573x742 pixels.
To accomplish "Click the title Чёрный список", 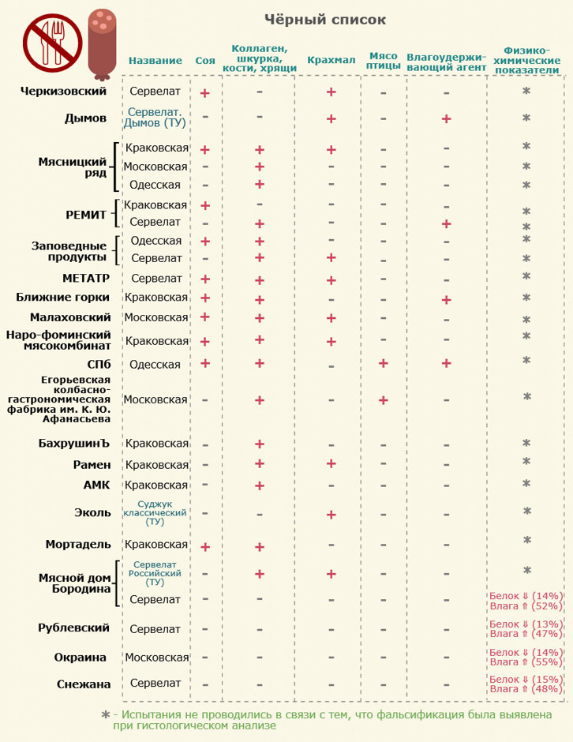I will (324, 20).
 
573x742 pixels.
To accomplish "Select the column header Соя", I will (204, 61).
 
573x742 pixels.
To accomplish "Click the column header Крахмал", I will (331, 61).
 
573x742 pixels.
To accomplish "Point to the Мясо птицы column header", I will (384, 61).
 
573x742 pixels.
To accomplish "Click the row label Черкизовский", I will (63, 92).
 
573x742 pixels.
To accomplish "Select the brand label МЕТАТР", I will (85, 278).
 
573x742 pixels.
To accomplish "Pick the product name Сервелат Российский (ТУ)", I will (155, 573).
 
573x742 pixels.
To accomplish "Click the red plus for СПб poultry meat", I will (384, 363).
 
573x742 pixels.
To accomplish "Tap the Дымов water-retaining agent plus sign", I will (446, 118).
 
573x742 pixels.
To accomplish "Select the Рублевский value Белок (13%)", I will (525, 624).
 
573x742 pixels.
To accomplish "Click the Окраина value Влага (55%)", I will (525, 662).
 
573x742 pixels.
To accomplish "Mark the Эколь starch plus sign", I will (331, 515).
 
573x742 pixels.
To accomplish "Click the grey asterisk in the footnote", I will (106, 714).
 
